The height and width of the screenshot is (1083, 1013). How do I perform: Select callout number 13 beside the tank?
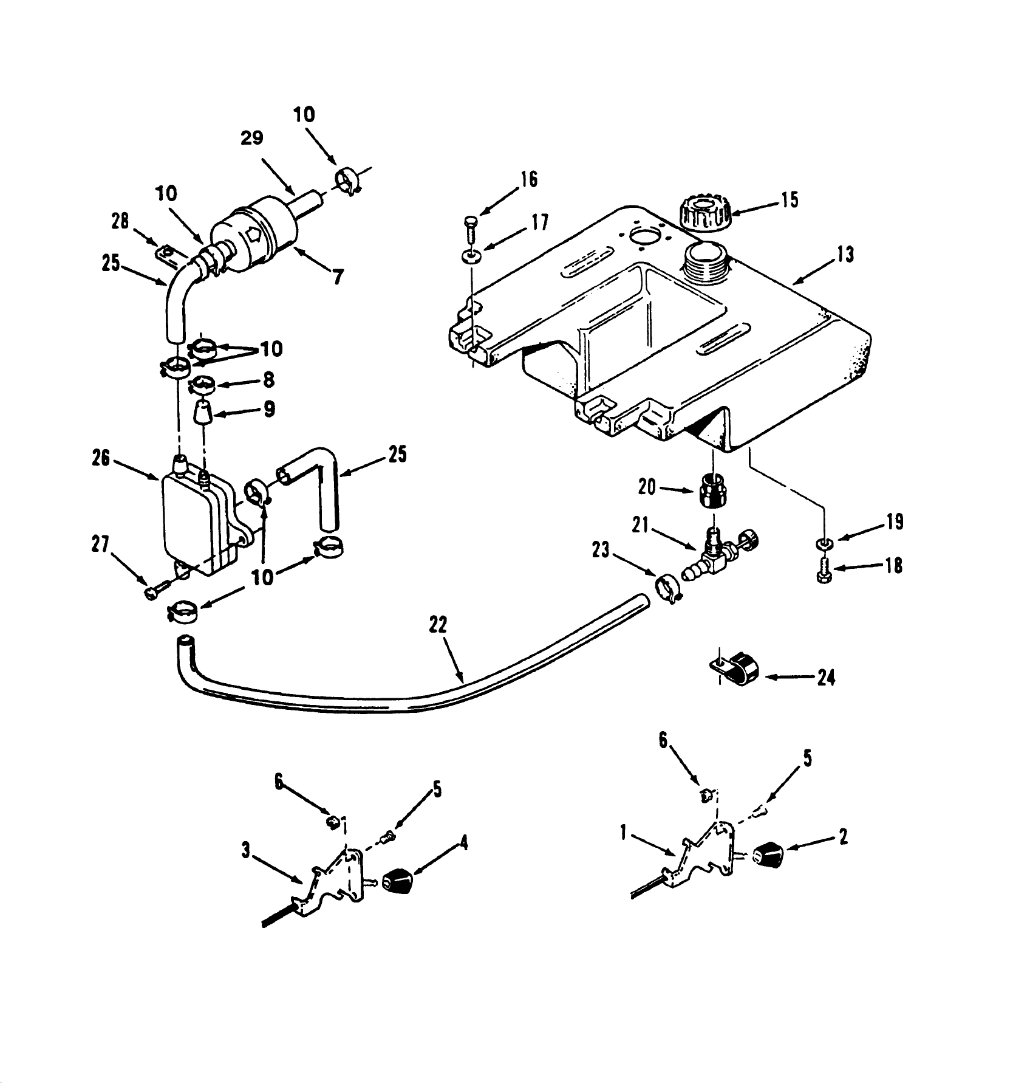844,254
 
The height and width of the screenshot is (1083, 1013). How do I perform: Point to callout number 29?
251,138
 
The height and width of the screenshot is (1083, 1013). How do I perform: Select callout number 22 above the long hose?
438,625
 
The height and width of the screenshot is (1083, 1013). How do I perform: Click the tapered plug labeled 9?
203,416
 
